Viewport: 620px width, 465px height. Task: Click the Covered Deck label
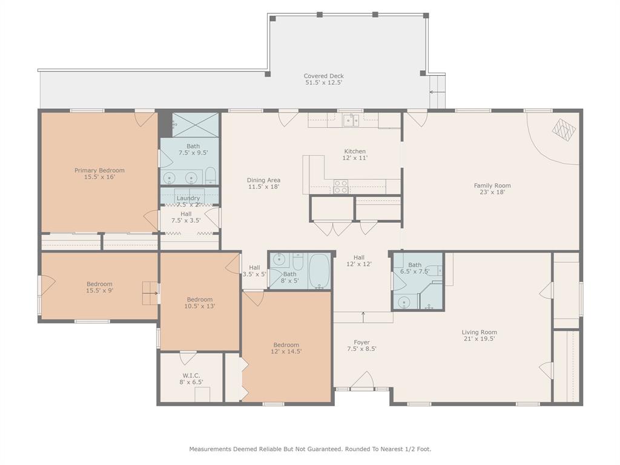[x=323, y=76]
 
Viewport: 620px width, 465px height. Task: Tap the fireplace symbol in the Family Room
[x=564, y=129]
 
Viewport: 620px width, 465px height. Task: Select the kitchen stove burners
[x=341, y=186]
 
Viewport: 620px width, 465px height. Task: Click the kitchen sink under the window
[x=351, y=120]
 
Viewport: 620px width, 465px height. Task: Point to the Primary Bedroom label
[x=99, y=170]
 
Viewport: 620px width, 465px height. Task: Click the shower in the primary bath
[x=195, y=125]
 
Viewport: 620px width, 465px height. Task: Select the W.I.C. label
[x=191, y=375]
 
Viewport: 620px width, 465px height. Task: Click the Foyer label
[x=361, y=342]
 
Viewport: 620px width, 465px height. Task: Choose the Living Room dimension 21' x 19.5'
[x=479, y=339]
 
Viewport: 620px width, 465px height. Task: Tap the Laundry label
[x=188, y=198]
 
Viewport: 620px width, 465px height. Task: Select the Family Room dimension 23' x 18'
[x=492, y=192]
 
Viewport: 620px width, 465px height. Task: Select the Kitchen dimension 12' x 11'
[x=355, y=158]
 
